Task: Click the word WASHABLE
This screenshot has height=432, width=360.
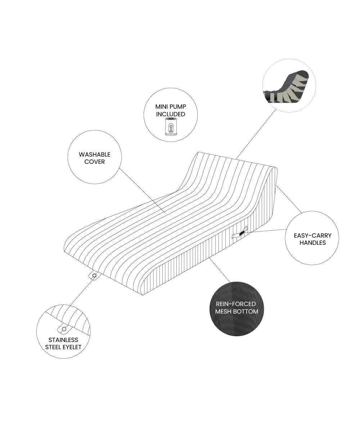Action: (x=95, y=154)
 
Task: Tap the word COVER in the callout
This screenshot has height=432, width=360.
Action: (x=95, y=162)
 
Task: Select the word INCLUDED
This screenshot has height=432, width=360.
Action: (x=171, y=114)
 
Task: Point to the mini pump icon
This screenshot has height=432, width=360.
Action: (x=171, y=126)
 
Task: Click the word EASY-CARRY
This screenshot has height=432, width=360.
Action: (x=312, y=235)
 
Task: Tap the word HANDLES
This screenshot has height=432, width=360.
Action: (x=312, y=243)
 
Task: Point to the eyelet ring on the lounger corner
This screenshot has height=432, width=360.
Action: (x=94, y=276)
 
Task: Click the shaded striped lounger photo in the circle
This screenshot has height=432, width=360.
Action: (x=286, y=86)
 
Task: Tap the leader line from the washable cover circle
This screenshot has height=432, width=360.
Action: (x=142, y=190)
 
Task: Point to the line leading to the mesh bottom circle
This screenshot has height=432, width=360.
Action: (x=219, y=270)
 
